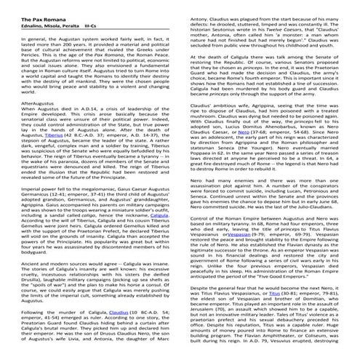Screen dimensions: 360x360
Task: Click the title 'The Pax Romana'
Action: point(31,6)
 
